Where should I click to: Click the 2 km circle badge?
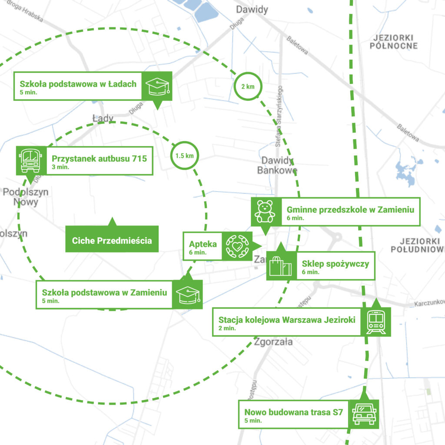(x=248, y=86)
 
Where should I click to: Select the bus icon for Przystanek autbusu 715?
(x=30, y=160)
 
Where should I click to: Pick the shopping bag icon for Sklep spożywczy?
(x=280, y=266)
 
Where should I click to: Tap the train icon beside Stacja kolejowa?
(x=375, y=322)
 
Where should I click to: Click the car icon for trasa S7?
(x=364, y=413)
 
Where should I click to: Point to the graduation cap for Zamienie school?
(x=188, y=294)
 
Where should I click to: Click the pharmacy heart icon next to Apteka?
(x=236, y=246)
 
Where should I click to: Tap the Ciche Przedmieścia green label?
(x=112, y=240)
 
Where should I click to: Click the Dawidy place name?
(x=252, y=10)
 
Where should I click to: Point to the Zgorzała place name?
(x=274, y=342)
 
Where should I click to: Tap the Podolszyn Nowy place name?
(x=25, y=197)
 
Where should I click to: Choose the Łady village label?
(x=103, y=118)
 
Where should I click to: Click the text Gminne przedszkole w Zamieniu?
(x=350, y=210)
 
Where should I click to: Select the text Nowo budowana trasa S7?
(x=294, y=412)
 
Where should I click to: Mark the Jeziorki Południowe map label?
(x=417, y=245)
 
